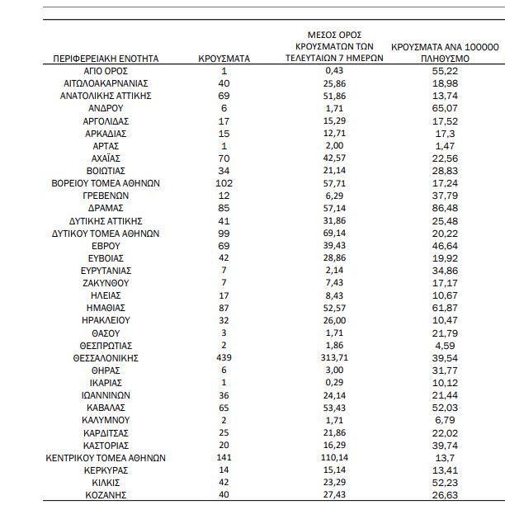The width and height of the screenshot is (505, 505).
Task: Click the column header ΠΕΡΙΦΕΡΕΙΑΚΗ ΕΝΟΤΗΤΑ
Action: [x=106, y=59]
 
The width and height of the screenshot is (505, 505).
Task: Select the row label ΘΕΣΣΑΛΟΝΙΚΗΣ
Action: [x=106, y=358]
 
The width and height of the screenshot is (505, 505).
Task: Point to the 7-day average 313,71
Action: [x=334, y=358]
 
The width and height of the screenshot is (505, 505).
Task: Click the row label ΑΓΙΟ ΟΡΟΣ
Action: [x=106, y=72]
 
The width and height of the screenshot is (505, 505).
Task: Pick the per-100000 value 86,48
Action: [x=444, y=209]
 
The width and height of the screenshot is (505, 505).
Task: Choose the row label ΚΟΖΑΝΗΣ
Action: [x=106, y=494]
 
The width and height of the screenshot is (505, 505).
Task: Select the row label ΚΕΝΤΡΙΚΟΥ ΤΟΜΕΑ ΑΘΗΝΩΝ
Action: [x=106, y=457]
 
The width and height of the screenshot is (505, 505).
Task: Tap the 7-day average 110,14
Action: [x=334, y=457]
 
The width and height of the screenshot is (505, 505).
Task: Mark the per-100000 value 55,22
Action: [x=444, y=72]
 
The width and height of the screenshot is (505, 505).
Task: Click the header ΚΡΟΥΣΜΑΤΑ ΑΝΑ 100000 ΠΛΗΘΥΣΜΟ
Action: [x=444, y=54]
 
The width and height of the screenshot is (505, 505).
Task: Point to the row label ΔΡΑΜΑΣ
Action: [x=106, y=209]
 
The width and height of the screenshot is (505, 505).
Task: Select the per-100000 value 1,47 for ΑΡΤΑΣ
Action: [x=444, y=146]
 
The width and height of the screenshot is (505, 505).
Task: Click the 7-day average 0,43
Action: [x=334, y=72]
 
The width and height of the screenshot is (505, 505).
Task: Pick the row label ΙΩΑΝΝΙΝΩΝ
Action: [x=106, y=395]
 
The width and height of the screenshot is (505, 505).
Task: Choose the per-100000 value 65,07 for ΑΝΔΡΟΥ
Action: [x=444, y=109]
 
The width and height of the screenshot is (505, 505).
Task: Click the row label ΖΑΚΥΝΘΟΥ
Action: [x=106, y=283]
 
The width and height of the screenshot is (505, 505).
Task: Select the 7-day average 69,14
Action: [x=334, y=234]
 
